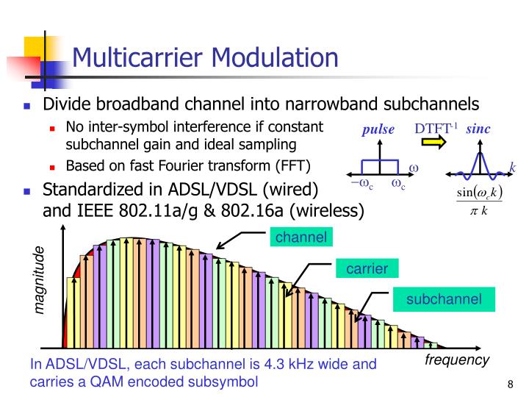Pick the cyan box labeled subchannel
pos(444,298)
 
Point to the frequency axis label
pos(456,360)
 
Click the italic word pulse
pos(378,130)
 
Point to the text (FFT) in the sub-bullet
pos(291,164)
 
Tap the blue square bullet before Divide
pos(27,105)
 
